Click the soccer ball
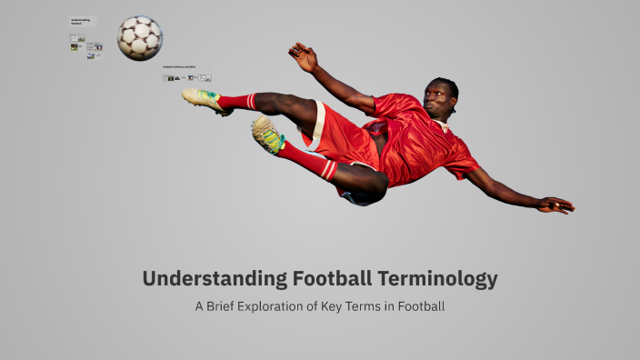(x=140, y=37)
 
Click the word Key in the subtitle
(x=334, y=306)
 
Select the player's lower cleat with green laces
(x=267, y=135)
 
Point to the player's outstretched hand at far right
(x=555, y=205)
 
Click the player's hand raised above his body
(x=303, y=56)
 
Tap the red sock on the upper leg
(x=238, y=101)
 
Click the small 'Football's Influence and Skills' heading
(x=180, y=67)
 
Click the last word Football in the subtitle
(x=418, y=306)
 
